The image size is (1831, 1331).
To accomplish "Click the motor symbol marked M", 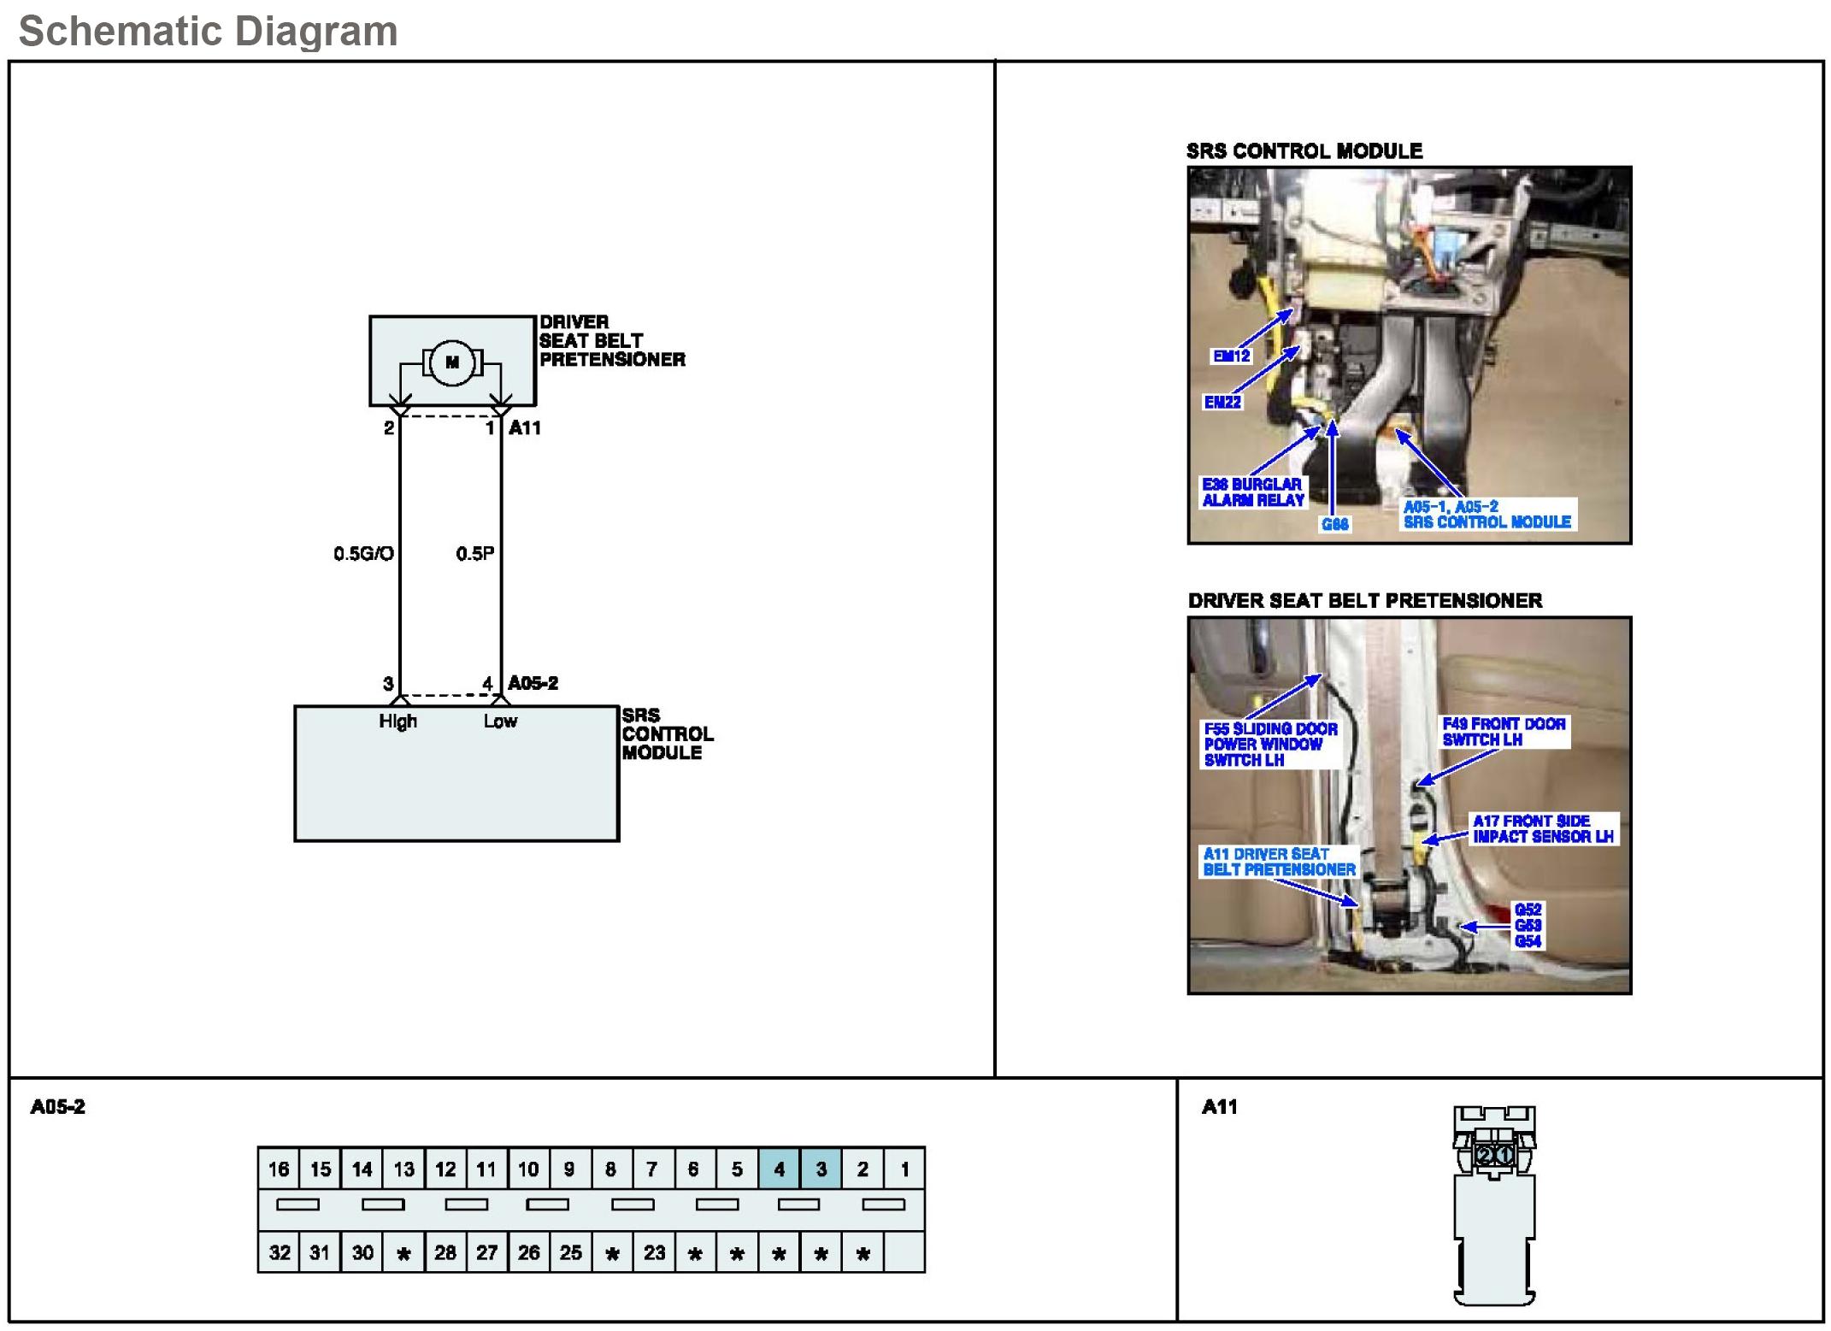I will (x=452, y=362).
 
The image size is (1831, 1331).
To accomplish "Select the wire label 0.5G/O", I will (x=363, y=554).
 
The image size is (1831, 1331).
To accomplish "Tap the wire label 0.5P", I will (x=474, y=554).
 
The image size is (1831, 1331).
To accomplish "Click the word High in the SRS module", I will (x=398, y=721).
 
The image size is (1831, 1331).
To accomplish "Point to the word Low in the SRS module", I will (x=500, y=721).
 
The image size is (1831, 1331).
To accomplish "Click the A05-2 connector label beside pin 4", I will (x=533, y=683).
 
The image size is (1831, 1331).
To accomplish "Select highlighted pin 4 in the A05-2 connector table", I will (x=780, y=1169).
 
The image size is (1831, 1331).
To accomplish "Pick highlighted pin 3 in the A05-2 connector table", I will (x=821, y=1169).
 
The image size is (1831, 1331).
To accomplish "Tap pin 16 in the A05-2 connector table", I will (x=279, y=1169).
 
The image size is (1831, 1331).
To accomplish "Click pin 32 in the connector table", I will (x=279, y=1252).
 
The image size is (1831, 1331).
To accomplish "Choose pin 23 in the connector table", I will (x=655, y=1252).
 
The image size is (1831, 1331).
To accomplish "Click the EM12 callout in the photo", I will (x=1231, y=356).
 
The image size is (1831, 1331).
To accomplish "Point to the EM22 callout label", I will (x=1222, y=402).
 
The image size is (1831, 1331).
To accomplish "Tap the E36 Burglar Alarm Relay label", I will (x=1253, y=492).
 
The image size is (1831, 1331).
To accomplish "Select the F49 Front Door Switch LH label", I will (x=1504, y=732).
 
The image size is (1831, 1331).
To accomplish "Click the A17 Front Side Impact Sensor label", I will (x=1543, y=828).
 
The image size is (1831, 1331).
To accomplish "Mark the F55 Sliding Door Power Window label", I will (x=1270, y=744).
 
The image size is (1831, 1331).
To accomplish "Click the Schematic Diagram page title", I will (x=209, y=32).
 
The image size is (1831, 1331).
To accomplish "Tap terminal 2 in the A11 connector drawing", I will (x=1484, y=1156).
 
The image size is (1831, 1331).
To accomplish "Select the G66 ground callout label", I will (x=1335, y=524).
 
